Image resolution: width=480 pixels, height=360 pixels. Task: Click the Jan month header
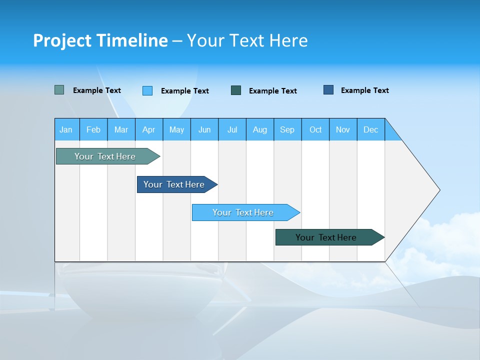click(x=66, y=129)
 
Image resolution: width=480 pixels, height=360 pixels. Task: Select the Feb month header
click(x=93, y=129)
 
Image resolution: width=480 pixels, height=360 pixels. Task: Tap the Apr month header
click(x=149, y=129)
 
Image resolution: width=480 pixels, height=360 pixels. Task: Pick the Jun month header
click(x=204, y=129)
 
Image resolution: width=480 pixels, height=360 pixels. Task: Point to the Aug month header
click(x=260, y=129)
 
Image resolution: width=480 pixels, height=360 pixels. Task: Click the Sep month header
click(x=287, y=129)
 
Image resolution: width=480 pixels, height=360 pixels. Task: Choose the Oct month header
click(x=315, y=129)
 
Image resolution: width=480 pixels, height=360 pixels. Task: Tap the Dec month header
click(x=371, y=129)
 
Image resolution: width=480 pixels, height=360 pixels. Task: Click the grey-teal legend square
click(x=59, y=90)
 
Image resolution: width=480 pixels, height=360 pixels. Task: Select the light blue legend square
click(x=147, y=90)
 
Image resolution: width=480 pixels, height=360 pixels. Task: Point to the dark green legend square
click(x=236, y=90)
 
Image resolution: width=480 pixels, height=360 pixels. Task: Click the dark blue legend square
click(x=328, y=90)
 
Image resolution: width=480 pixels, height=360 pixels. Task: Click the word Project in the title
click(x=62, y=40)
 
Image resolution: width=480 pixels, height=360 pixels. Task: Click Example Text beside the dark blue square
click(x=365, y=90)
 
